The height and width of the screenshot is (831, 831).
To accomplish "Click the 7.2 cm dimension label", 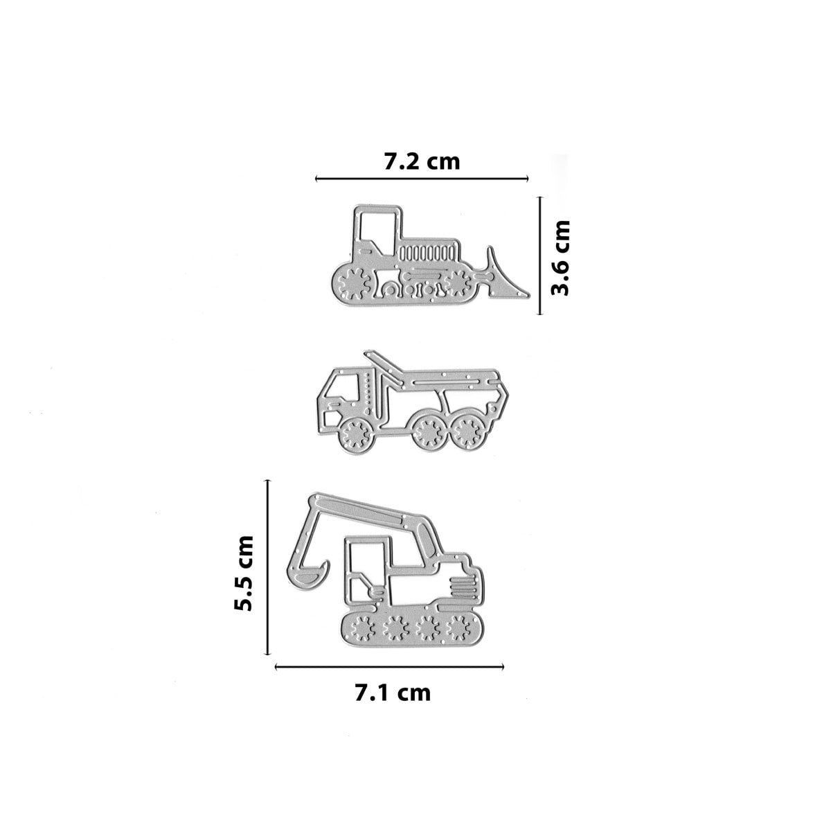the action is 422,162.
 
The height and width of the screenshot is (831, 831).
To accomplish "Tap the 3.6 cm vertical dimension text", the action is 560,258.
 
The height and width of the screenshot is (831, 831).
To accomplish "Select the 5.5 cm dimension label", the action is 244,573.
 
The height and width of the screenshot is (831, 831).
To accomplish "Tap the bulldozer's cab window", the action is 377,234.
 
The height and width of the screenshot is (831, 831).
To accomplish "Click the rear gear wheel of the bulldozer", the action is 355,283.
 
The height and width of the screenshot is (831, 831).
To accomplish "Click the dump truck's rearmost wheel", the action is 468,431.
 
